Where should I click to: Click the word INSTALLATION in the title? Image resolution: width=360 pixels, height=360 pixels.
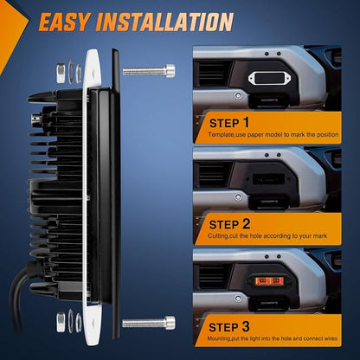click(x=164, y=22)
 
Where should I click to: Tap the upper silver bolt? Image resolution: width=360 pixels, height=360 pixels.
click(x=149, y=71)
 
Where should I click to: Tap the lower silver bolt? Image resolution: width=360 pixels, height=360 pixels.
click(x=149, y=322)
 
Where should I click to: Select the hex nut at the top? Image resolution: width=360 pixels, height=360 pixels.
click(x=61, y=74)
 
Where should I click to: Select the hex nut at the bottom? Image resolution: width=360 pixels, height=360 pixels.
click(x=61, y=322)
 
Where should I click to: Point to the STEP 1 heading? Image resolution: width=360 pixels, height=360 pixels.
click(x=229, y=123)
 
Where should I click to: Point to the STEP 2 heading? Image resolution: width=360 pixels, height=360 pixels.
click(x=229, y=224)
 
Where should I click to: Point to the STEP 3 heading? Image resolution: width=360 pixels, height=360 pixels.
click(x=229, y=327)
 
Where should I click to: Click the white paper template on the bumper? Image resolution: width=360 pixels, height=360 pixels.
click(x=270, y=79)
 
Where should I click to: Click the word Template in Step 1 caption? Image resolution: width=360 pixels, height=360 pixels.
click(x=220, y=134)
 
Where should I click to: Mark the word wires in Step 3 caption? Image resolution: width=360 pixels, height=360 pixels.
click(x=330, y=338)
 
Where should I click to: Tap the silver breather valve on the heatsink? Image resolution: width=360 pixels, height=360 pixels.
click(x=36, y=119)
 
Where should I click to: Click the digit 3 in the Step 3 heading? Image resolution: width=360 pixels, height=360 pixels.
click(x=246, y=326)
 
